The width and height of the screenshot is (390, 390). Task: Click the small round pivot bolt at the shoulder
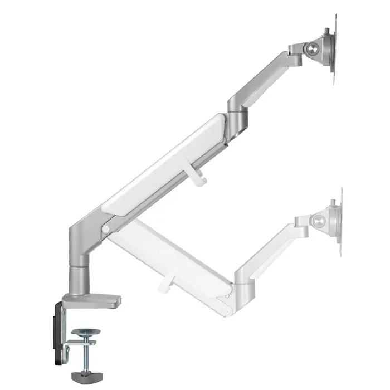[x=105, y=228]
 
